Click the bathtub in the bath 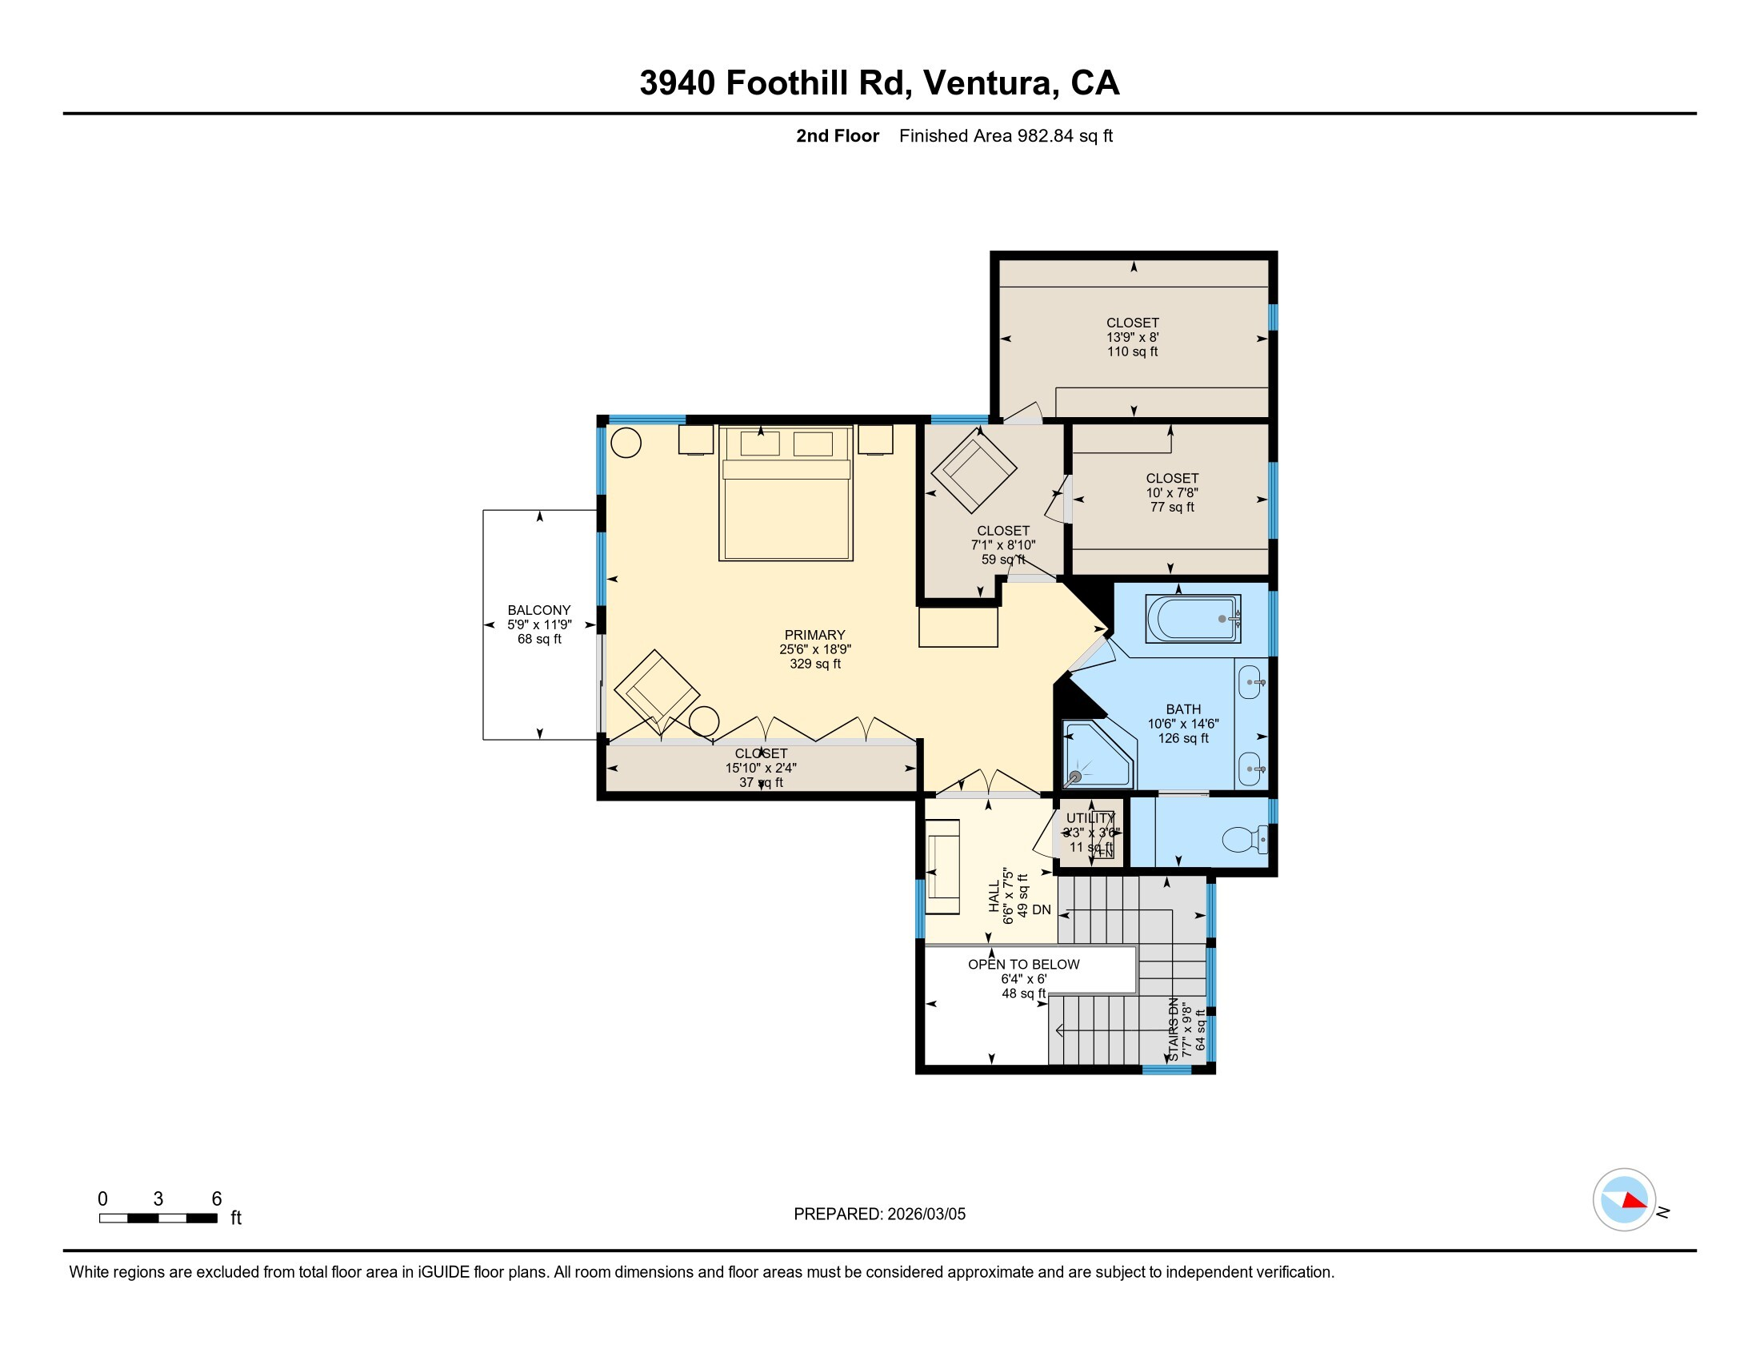pyautogui.click(x=1192, y=618)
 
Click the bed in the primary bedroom pyautogui.click(x=786, y=493)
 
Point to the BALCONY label pyautogui.click(x=539, y=610)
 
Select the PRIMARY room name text pyautogui.click(x=814, y=635)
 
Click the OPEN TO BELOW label pyautogui.click(x=1023, y=965)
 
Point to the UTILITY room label pyautogui.click(x=1090, y=818)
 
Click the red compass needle pyautogui.click(x=1634, y=1202)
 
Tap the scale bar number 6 pyautogui.click(x=216, y=1199)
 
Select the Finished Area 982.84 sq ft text pyautogui.click(x=1005, y=136)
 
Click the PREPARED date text pyautogui.click(x=879, y=1214)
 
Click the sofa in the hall pyautogui.click(x=942, y=867)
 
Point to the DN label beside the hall pyautogui.click(x=1041, y=909)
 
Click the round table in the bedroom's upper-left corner pyautogui.click(x=626, y=443)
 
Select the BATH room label pyautogui.click(x=1183, y=709)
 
